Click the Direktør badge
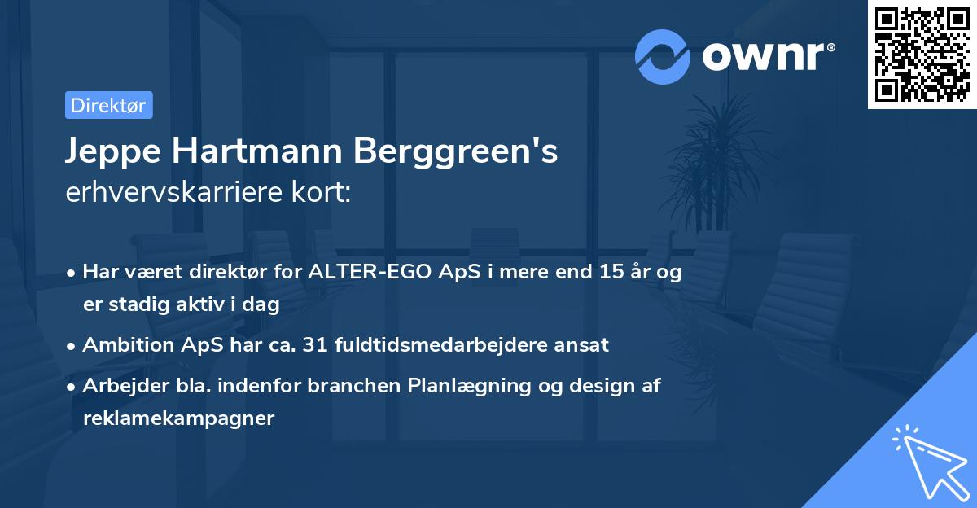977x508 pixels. (108, 105)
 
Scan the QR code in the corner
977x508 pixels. (922, 55)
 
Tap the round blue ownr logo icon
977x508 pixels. (662, 56)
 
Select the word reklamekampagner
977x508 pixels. (178, 418)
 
